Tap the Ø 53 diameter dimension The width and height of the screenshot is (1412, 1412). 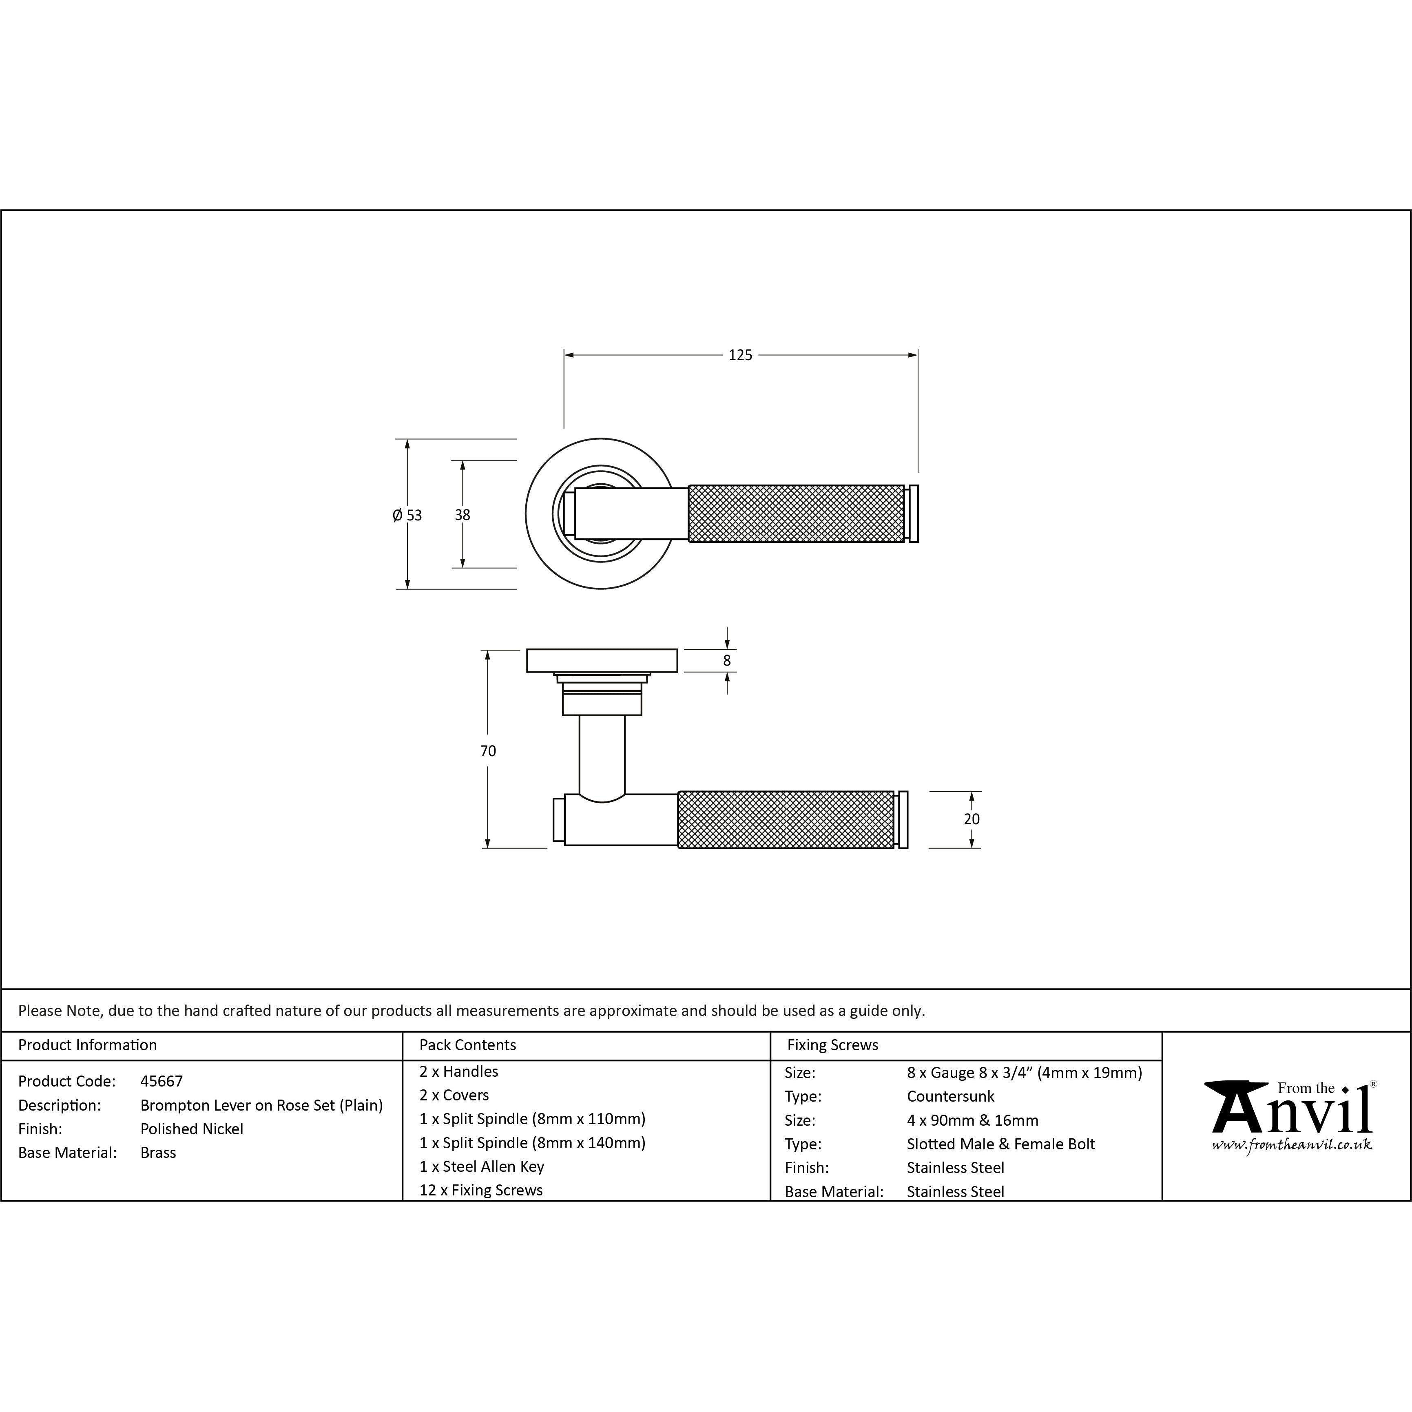coord(407,515)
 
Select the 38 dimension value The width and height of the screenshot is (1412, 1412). coord(462,515)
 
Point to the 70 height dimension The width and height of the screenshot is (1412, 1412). coord(487,750)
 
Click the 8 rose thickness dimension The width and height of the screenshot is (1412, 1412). coord(726,661)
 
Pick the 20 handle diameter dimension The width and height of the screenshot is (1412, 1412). coord(971,819)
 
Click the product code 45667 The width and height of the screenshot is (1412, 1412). coord(162,1081)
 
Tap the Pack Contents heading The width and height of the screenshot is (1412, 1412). coord(468,1045)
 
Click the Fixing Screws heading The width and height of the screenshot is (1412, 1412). coord(832,1045)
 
